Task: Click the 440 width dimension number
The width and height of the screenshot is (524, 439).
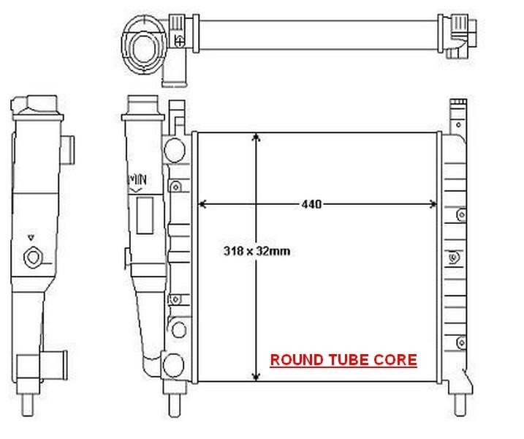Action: [311, 204]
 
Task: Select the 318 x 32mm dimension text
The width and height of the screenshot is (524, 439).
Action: [257, 251]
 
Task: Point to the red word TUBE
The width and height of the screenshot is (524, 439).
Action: [349, 360]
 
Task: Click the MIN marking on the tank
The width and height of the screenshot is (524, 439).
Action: [137, 180]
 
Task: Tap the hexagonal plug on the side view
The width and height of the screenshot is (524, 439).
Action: [33, 258]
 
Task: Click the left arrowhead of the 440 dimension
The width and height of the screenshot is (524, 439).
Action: [202, 204]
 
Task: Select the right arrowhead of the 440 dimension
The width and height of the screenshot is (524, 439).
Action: [433, 204]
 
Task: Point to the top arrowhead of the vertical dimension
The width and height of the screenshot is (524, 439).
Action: [257, 138]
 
